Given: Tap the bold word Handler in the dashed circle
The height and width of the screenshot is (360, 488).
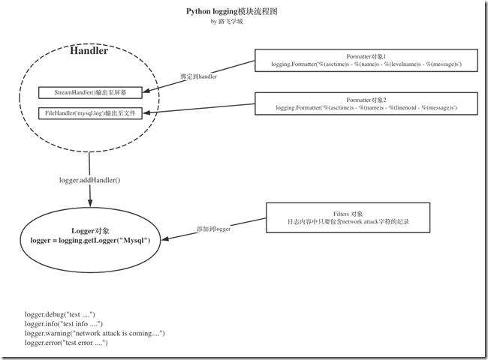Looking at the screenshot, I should [x=89, y=52].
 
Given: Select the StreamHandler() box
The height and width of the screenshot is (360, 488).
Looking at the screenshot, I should [x=90, y=93].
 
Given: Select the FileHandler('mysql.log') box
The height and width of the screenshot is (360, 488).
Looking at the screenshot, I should [x=90, y=113].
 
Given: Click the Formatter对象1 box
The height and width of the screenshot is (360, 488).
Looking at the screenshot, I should [x=366, y=61].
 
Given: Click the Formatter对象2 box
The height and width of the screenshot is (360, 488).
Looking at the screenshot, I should [x=366, y=103].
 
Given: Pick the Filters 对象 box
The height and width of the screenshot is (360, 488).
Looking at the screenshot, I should [x=348, y=217].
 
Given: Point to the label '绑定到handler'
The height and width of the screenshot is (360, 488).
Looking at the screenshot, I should [x=200, y=78].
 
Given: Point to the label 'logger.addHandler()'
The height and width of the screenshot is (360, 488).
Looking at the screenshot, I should [x=89, y=181].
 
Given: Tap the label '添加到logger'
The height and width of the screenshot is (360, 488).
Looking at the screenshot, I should [x=212, y=228].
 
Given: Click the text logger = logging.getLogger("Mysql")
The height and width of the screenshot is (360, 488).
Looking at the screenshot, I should [x=90, y=240].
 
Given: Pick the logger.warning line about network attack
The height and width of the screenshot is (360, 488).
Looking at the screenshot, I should [x=95, y=333].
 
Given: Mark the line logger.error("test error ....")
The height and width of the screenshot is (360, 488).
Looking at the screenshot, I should [x=67, y=343].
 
